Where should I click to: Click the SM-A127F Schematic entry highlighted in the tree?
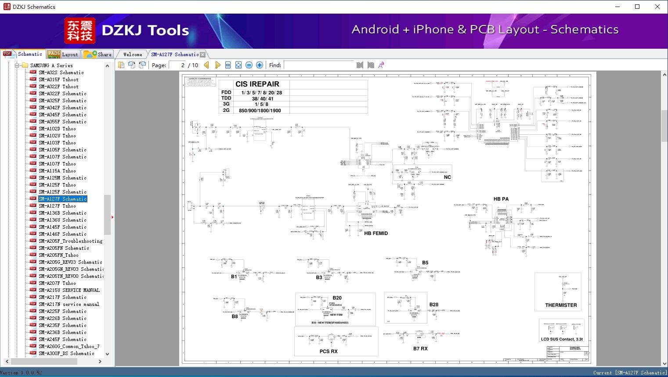(63, 199)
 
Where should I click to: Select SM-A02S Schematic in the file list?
(61, 72)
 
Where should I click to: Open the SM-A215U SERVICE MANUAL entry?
(69, 290)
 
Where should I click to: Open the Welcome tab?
(133, 54)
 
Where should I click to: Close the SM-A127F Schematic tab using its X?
(202, 55)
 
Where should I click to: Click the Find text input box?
(318, 65)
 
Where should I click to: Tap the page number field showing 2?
(177, 65)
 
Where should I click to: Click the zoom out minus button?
(249, 65)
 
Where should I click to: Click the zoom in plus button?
(260, 65)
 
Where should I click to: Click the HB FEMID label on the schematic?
(376, 233)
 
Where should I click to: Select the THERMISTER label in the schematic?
(561, 305)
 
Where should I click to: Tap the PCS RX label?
(328, 351)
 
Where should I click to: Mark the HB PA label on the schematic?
(501, 199)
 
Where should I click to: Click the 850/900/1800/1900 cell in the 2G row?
(260, 111)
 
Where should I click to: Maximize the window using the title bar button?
(637, 7)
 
